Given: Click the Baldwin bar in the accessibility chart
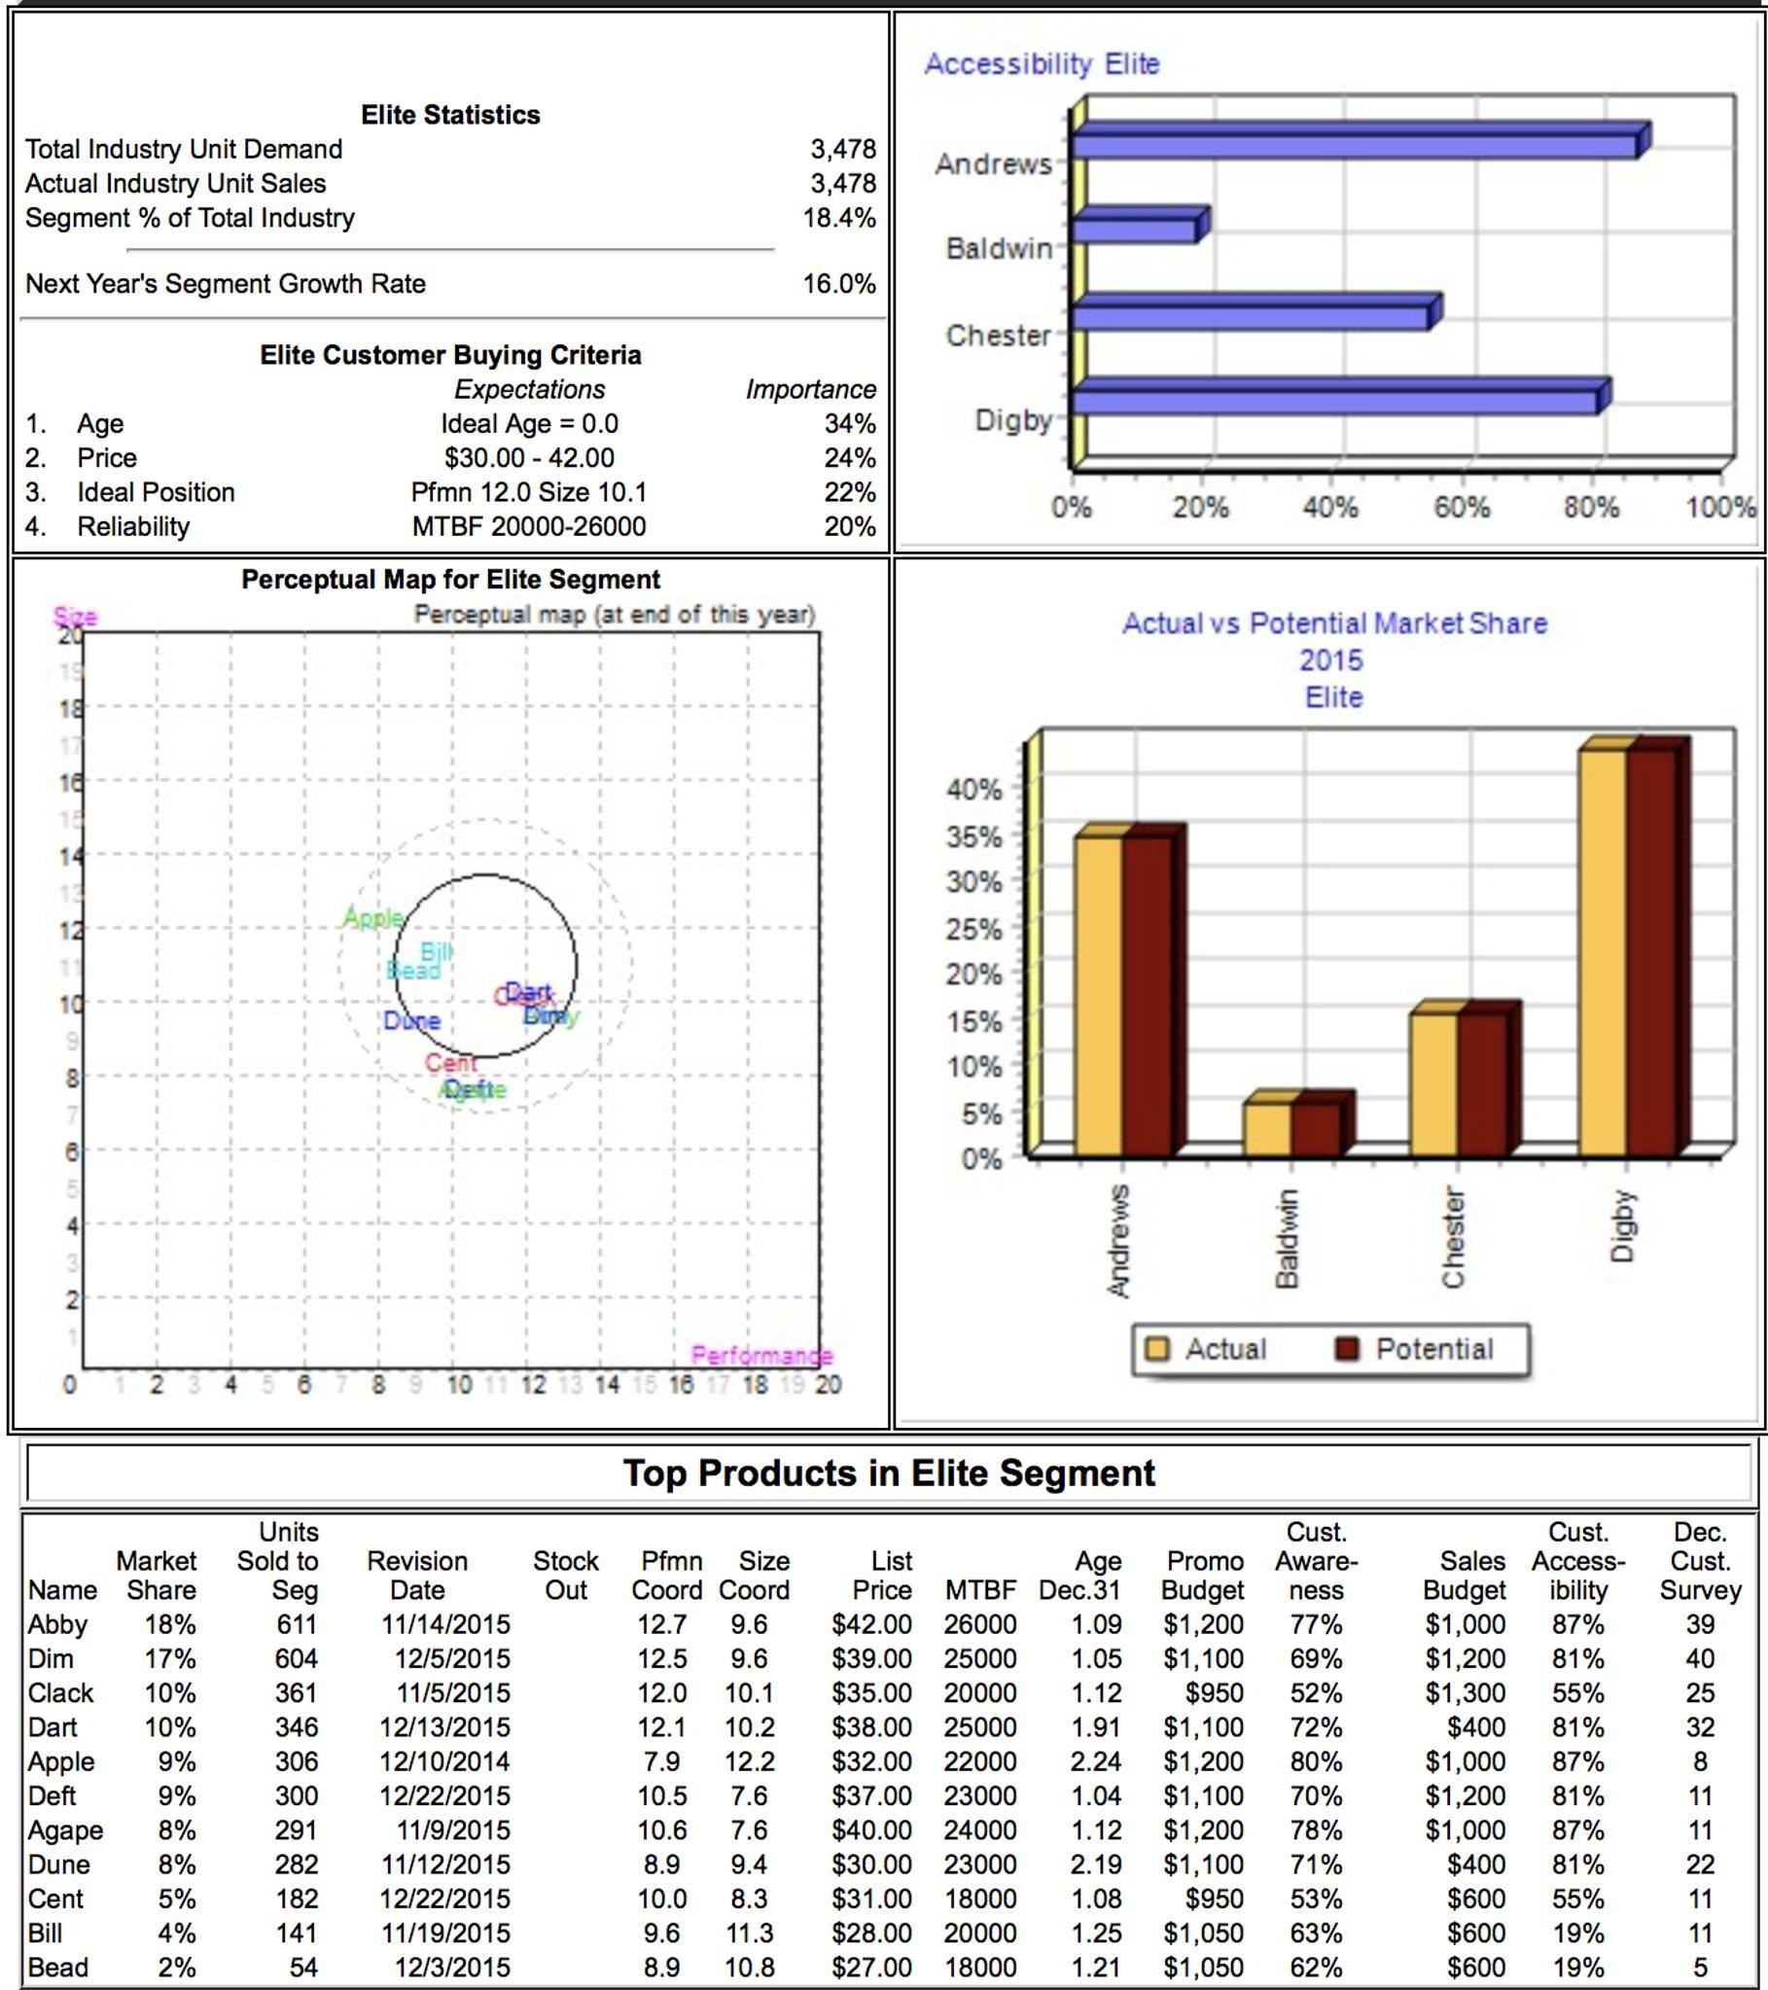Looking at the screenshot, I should coord(1134,230).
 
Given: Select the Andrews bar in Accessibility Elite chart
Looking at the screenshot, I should coord(1354,145).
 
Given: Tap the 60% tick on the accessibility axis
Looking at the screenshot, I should coord(1461,508).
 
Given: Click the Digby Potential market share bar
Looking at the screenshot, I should coord(1652,952).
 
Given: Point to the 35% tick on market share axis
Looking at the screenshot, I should coord(973,837).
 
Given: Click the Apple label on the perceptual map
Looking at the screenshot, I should coord(372,918).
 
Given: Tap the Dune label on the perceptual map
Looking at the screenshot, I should coord(411,1021).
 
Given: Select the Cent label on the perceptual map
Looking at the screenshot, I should coord(451,1063).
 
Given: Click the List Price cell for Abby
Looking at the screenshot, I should coord(871,1625).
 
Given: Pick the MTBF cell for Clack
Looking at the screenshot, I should coord(979,1693).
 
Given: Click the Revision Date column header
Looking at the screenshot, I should coord(416,1576).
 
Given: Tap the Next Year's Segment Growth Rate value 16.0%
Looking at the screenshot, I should coord(838,284).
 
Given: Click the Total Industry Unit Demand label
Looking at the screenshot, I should coord(184,150).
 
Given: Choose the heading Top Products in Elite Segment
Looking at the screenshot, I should coord(888,1473).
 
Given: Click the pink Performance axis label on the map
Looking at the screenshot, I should coord(761,1355).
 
